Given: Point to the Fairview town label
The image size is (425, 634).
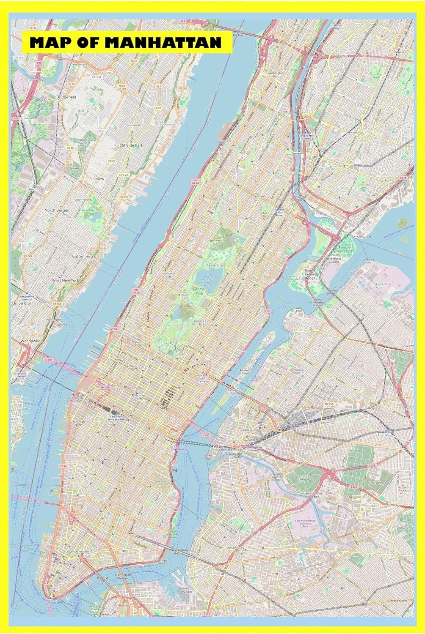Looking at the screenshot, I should point(97,179).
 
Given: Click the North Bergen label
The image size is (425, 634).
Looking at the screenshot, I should point(57,210).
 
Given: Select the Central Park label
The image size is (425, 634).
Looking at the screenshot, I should point(199,290).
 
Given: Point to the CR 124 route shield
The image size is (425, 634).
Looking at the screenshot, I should point(18,57).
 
